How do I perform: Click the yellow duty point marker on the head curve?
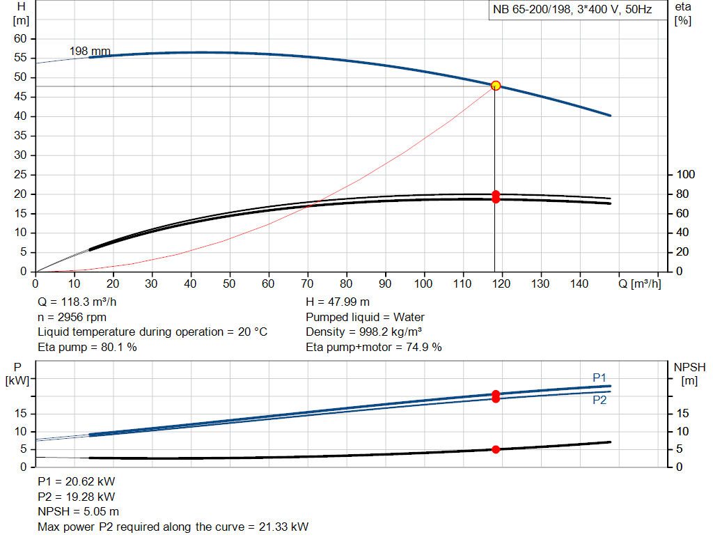pos(496,85)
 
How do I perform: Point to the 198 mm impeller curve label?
pos(90,51)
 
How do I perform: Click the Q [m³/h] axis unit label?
pos(638,283)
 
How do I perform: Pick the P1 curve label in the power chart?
pos(600,378)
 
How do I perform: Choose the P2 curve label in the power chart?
pos(600,401)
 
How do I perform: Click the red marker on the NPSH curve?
pos(496,449)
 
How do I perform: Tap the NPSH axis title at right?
pos(689,366)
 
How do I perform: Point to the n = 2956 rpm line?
pos(72,317)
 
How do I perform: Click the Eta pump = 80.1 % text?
pos(87,347)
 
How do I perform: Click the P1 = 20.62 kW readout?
pos(77,481)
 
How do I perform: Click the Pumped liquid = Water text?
pos(366,317)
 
